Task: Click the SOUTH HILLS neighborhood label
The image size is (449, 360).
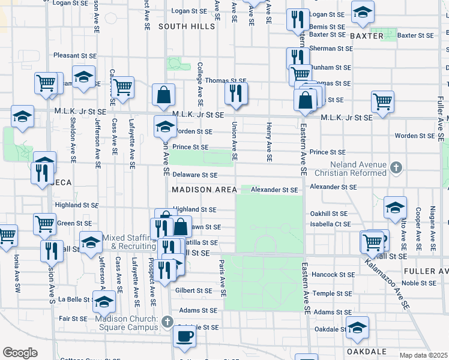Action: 186,26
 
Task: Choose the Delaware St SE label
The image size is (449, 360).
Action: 194,175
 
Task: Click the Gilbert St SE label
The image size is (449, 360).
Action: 194,290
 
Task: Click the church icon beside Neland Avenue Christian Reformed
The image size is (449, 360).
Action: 396,167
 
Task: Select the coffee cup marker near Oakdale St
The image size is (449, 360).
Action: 184,335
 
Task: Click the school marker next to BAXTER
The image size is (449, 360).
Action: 362,13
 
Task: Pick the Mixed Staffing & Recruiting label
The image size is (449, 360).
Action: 129,242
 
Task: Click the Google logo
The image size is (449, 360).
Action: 19,353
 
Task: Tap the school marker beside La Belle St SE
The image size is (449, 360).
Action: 104,301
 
